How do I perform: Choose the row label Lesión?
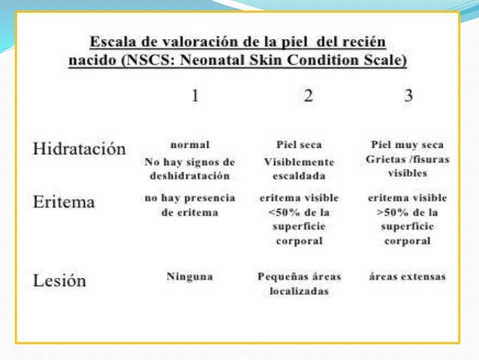pos(59,280)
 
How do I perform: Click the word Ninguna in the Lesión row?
pos(189,277)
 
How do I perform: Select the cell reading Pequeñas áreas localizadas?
pos(300,283)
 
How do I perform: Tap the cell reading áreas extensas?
pos(408,277)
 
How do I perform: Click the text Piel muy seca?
pos(408,144)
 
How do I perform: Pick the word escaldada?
pos(300,176)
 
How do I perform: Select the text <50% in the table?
pos(280,212)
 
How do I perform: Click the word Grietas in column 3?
pos(390,159)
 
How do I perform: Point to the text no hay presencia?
pos(189,198)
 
